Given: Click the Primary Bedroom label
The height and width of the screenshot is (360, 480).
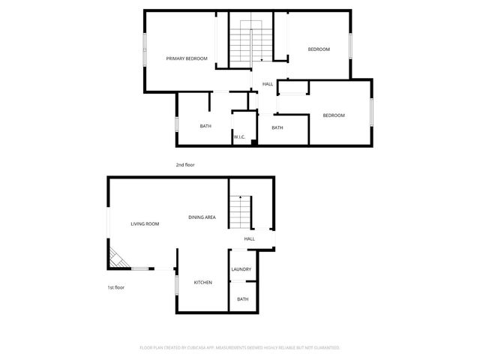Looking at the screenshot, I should point(187,58).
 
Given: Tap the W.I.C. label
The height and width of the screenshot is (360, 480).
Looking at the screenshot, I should point(239,137).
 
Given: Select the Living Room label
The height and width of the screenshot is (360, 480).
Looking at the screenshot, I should point(145,223).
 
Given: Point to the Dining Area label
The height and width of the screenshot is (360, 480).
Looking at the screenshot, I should point(202,217).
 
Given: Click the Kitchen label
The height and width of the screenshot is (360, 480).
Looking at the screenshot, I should point(202,282).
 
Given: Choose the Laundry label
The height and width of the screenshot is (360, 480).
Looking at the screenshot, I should point(241,269).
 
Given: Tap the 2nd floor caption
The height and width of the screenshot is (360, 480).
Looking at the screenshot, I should point(185,164).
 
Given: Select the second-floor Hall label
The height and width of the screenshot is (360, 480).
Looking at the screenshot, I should point(268,84).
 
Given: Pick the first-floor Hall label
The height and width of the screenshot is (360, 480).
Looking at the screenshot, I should point(249,238).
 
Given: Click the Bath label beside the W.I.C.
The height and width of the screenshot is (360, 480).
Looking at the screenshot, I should point(205,126).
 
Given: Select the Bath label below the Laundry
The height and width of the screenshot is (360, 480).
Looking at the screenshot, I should point(243,299).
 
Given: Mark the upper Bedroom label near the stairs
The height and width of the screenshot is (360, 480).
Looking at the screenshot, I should point(319,49).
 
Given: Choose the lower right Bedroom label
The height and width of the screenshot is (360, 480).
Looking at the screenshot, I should point(334,115).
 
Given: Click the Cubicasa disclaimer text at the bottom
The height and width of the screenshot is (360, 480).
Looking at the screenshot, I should point(240,348).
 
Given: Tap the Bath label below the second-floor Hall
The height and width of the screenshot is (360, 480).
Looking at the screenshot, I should point(277,127).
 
